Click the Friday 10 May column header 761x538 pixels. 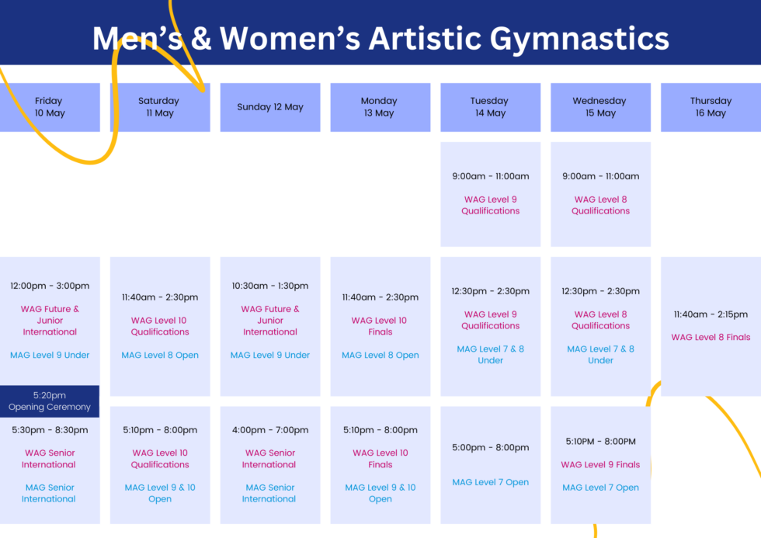pyautogui.click(x=49, y=107)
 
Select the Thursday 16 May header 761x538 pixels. pyautogui.click(x=711, y=107)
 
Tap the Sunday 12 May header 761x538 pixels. pyautogui.click(x=270, y=107)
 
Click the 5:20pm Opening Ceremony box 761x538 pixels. pyautogui.click(x=50, y=401)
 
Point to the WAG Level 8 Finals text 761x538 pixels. pyautogui.click(x=711, y=337)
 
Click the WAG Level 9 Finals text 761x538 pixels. pyautogui.click(x=600, y=464)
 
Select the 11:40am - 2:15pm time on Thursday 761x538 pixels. pyautogui.click(x=711, y=314)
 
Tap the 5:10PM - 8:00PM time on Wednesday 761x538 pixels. pyautogui.click(x=600, y=442)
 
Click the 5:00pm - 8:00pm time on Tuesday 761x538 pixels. pyautogui.click(x=490, y=447)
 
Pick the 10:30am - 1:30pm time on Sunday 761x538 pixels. pyautogui.click(x=270, y=286)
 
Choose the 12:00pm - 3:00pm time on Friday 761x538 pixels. pyautogui.click(x=50, y=286)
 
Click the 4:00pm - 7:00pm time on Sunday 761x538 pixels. pyautogui.click(x=270, y=430)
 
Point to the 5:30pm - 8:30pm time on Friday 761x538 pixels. pyautogui.click(x=50, y=430)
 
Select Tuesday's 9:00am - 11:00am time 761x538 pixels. pyautogui.click(x=490, y=176)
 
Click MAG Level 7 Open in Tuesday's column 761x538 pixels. pyautogui.click(x=490, y=482)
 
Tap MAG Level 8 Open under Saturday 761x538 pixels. pyautogui.click(x=160, y=355)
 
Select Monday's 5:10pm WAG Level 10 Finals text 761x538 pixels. pyautogui.click(x=380, y=459)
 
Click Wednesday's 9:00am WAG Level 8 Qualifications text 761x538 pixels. pyautogui.click(x=600, y=205)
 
